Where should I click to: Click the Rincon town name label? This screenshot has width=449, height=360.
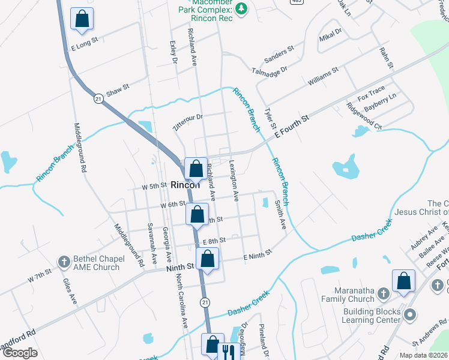point(185,185)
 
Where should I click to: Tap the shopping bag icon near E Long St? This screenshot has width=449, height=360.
point(82,19)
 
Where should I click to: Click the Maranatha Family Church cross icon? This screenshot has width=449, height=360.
point(384,293)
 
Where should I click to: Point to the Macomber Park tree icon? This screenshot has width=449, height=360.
point(241,8)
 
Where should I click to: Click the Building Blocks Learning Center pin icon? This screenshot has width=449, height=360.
point(410,314)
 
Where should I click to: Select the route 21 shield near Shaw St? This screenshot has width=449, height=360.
point(98,98)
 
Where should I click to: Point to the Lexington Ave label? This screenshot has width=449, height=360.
point(234,179)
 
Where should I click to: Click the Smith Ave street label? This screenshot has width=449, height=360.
point(280,214)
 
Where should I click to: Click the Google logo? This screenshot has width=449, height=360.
point(20,353)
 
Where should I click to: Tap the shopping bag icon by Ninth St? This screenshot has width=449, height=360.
point(207,259)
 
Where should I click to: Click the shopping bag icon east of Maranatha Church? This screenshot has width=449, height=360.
point(403,281)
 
